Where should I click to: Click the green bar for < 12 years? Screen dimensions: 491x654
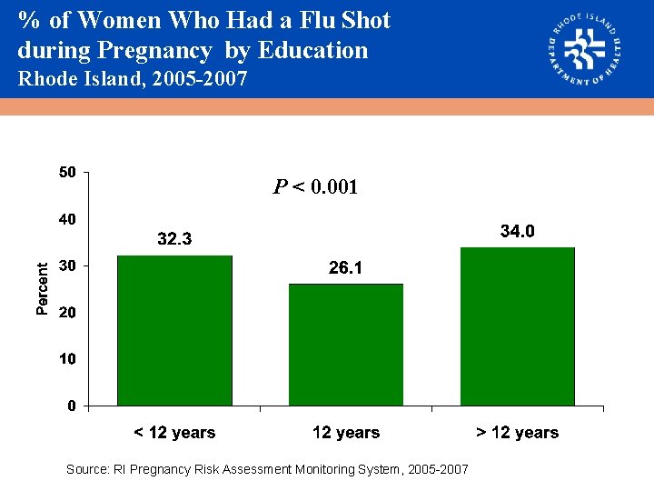pos(174,330)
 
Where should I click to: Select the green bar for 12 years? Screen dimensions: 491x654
pos(346,345)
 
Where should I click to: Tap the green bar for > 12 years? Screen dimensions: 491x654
pos(517,326)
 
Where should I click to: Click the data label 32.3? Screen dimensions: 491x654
pos(174,239)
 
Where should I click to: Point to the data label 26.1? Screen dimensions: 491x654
pos(346,267)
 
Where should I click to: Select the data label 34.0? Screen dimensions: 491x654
pos(518,232)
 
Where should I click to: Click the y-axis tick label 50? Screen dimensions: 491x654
pos(67,172)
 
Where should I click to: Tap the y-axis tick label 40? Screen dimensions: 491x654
pos(67,219)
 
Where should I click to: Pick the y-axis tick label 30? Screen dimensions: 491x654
pos(67,266)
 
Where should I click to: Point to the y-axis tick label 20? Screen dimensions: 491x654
pos(67,312)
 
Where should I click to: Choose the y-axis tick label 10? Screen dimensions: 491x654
pos(67,359)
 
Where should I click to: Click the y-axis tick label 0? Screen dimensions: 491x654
pos(71,406)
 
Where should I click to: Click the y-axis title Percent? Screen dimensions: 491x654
pos(42,288)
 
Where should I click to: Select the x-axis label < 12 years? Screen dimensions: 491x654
pos(174,433)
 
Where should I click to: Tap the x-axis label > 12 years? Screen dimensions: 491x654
pos(518,433)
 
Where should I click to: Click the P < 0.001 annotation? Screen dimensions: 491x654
pos(316,188)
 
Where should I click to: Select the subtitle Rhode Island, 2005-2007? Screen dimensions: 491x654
pos(133,79)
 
